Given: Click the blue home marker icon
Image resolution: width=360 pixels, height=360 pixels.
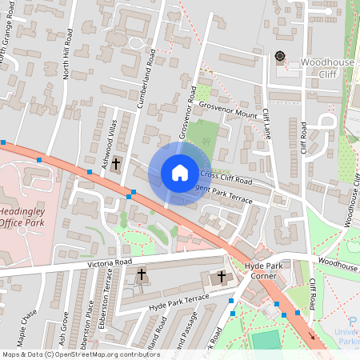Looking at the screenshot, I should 180,173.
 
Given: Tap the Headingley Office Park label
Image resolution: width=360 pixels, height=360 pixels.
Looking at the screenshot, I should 22,216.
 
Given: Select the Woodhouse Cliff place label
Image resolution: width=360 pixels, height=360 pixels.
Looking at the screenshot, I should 326,67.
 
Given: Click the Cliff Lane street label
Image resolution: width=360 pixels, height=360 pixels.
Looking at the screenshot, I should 268,124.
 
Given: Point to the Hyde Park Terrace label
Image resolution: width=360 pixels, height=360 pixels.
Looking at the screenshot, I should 178,301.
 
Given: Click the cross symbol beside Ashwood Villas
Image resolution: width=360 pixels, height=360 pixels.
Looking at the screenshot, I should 116,164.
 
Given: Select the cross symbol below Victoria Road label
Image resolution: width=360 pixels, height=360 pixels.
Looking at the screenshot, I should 142,274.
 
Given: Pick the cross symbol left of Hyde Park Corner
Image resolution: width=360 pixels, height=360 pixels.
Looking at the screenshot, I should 222,277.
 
